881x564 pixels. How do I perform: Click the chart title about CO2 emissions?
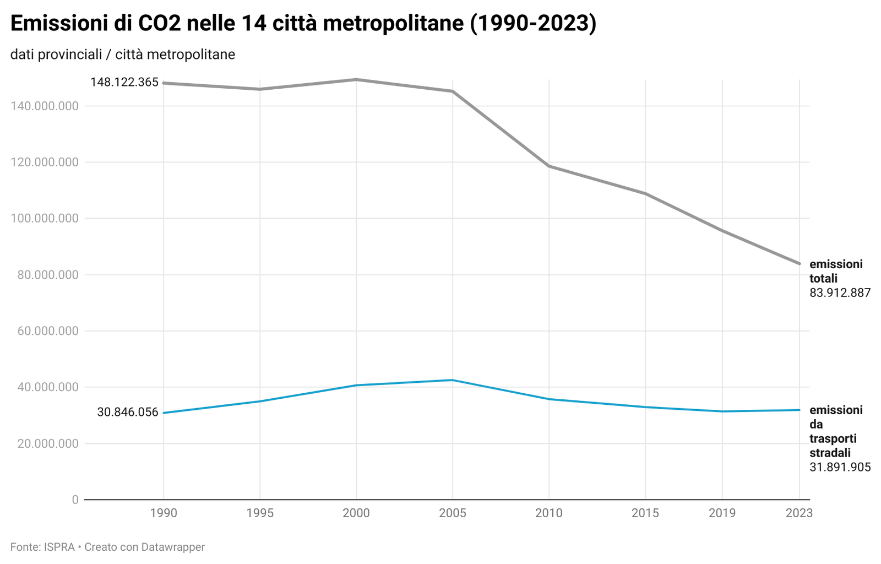303,24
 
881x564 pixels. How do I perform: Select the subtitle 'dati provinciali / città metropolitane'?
123,55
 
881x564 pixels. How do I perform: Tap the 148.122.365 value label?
124,82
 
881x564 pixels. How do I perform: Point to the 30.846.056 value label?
128,412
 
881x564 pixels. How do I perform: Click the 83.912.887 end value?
840,293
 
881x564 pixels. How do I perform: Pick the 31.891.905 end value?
840,468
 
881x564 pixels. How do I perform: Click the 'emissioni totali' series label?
835,271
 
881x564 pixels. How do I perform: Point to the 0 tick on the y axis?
75,500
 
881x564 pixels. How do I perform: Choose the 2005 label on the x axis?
453,513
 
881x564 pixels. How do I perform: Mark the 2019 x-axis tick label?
722,513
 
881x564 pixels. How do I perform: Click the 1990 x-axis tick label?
164,513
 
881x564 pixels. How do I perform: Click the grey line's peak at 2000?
356,79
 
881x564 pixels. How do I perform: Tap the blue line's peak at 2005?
453,380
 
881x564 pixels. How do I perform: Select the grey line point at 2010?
549,166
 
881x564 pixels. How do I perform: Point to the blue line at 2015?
645,407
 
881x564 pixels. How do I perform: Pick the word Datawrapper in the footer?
173,547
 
